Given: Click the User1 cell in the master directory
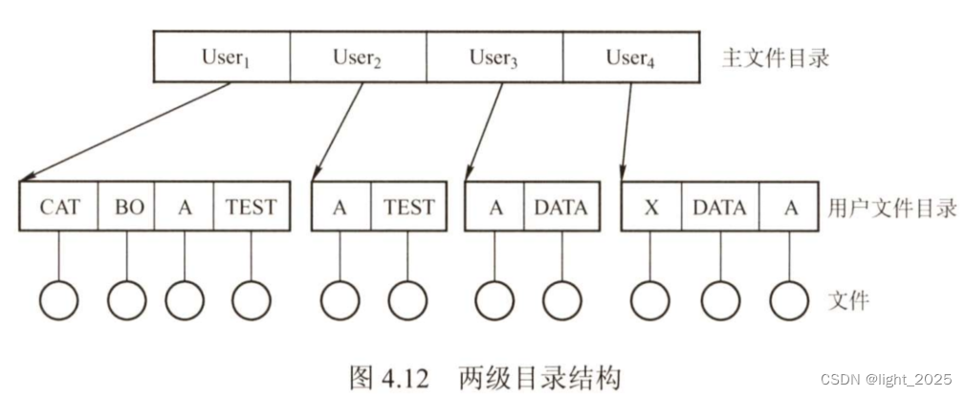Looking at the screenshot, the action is click(x=222, y=57).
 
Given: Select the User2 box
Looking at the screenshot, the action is click(x=358, y=57).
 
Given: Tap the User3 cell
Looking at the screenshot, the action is click(x=494, y=57).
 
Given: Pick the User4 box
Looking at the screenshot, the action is click(x=629, y=57).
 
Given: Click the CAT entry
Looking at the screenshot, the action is click(x=59, y=207).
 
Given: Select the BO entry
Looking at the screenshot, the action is click(x=126, y=207).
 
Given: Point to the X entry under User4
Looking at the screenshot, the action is click(x=651, y=207).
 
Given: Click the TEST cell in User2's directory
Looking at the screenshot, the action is click(x=407, y=207).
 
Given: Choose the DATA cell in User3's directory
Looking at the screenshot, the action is click(x=561, y=207).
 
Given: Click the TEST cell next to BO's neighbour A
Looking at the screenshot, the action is click(x=252, y=207).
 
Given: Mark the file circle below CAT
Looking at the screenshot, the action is click(x=59, y=300).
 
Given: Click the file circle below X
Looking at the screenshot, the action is click(x=651, y=300).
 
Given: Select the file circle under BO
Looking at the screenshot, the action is click(x=126, y=300).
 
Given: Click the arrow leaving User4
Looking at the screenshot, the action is click(x=626, y=129).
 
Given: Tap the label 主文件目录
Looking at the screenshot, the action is click(x=775, y=58).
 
